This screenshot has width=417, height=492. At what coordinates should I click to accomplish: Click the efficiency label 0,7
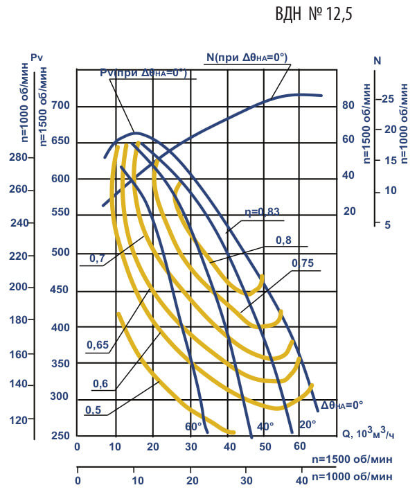click(96, 258)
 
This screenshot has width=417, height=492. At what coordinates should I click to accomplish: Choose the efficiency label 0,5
click(92, 410)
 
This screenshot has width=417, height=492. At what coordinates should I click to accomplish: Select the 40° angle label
click(266, 425)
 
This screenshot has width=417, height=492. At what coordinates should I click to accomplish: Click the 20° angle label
click(308, 423)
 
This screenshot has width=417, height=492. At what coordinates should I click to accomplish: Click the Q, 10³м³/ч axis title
click(368, 434)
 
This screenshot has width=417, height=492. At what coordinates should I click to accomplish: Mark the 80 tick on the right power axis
click(348, 106)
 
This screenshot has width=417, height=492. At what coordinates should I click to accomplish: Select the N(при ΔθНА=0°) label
click(246, 57)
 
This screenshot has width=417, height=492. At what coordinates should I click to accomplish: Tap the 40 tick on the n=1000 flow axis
click(301, 480)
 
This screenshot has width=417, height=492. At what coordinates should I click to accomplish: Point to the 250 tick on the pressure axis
click(60, 435)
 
